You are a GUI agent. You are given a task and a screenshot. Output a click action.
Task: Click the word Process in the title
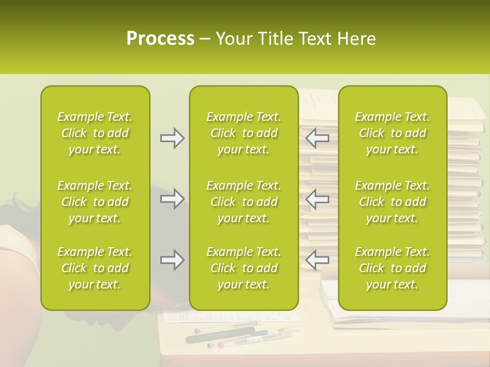[160, 39]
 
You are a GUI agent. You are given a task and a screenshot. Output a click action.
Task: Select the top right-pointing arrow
[172, 138]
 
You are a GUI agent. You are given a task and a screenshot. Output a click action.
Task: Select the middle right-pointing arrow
[172, 199]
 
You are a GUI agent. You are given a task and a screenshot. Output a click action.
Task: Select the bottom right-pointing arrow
[172, 260]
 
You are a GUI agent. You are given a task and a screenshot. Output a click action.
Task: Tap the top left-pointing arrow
[317, 137]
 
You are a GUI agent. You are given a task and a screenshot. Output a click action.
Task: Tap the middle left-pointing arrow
[317, 199]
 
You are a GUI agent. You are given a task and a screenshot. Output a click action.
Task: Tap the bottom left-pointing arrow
[317, 259]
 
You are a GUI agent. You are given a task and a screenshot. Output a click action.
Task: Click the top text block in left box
[95, 133]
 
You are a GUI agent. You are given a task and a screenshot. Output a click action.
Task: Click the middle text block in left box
[95, 202]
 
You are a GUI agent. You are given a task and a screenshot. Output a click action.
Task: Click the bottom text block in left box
[95, 268]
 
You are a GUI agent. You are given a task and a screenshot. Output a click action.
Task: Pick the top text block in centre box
[244, 133]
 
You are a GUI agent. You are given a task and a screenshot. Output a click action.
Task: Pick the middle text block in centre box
[244, 202]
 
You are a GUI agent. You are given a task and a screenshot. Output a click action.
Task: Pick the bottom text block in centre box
[244, 268]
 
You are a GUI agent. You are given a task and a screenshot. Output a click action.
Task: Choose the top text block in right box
[393, 133]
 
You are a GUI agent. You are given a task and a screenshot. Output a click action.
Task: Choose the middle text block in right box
[393, 202]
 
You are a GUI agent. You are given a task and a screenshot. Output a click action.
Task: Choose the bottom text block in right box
[393, 268]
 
